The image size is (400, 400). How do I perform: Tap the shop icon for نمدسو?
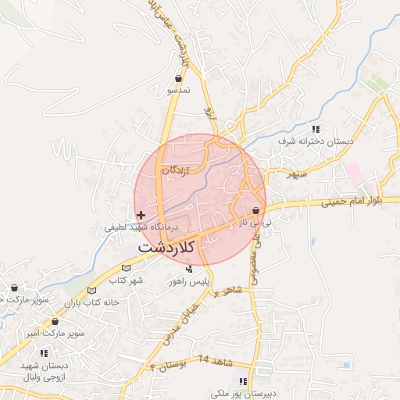[x=179, y=79]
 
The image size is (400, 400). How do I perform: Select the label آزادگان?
[x=176, y=170]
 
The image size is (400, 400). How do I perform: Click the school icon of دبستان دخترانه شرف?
[x=316, y=129]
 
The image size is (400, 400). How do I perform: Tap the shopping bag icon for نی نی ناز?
[x=255, y=210]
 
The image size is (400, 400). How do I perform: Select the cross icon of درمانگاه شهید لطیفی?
[x=140, y=215]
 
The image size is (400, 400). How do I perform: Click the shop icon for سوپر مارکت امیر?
[x=55, y=321]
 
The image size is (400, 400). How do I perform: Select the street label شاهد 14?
[x=216, y=359]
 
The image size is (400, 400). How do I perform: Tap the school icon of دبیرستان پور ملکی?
[x=242, y=381]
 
